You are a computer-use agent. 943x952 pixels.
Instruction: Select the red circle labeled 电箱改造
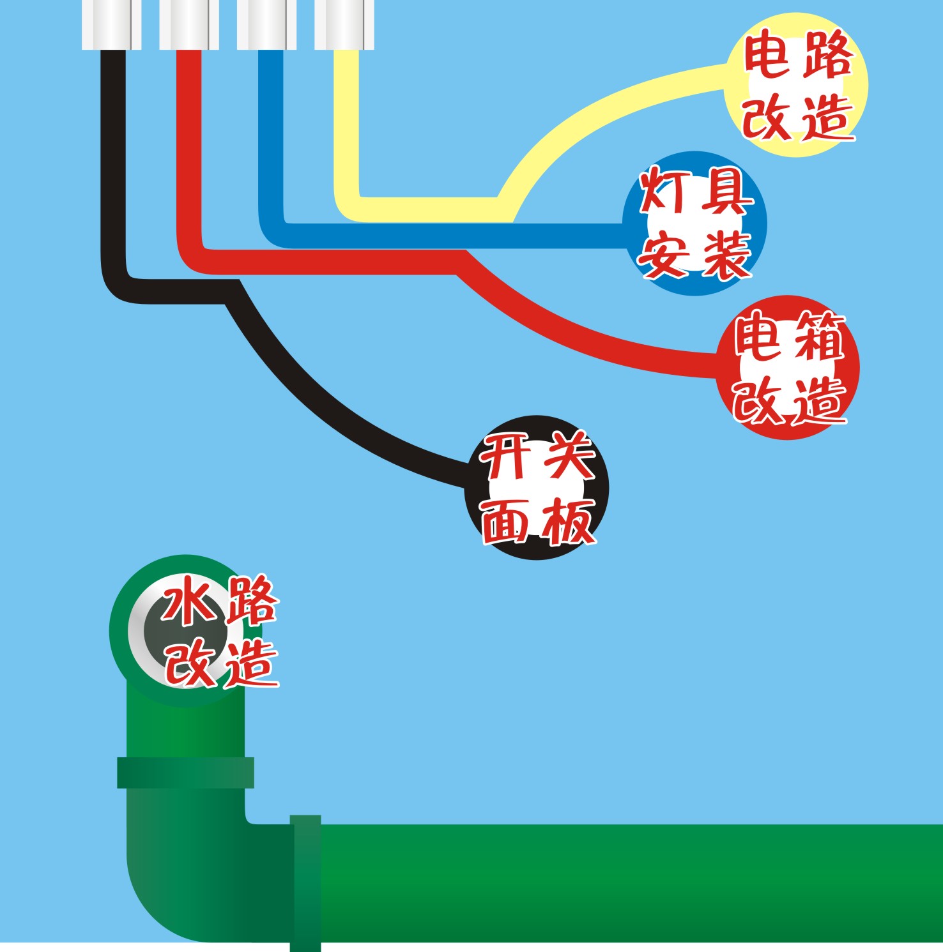(788, 367)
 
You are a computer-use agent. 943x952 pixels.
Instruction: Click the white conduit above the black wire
(111, 24)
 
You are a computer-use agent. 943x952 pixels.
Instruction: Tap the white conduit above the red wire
(188, 24)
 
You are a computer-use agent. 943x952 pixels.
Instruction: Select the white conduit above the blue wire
(266, 24)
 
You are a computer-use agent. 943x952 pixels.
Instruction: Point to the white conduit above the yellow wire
(344, 24)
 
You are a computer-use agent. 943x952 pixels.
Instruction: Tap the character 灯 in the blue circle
(663, 191)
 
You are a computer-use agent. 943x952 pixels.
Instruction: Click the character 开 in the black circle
(506, 457)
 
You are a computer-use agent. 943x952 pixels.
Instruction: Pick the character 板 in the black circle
(568, 520)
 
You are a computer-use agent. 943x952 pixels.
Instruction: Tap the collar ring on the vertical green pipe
(185, 773)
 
